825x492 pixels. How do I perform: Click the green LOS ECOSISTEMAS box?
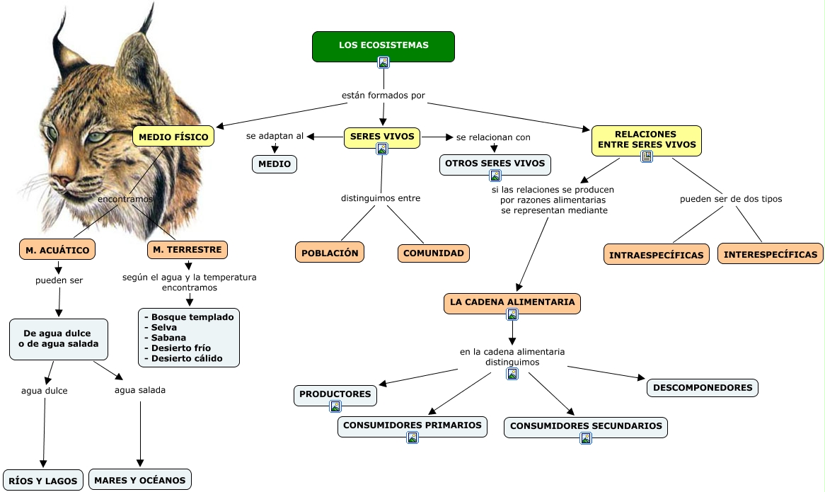[x=383, y=45]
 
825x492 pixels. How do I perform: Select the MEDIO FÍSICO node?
[x=173, y=136]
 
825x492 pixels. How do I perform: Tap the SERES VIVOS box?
[x=382, y=135]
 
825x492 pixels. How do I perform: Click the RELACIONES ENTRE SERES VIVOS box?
[x=646, y=139]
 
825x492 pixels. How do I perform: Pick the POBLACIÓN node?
[x=329, y=253]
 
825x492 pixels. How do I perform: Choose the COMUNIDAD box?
[x=433, y=253]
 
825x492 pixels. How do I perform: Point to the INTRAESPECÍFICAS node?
[x=656, y=255]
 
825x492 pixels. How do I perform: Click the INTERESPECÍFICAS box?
[x=770, y=254]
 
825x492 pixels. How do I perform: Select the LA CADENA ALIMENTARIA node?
[x=512, y=302]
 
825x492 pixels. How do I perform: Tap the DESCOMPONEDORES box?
[x=702, y=388]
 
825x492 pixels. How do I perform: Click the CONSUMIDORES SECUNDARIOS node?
[x=586, y=426]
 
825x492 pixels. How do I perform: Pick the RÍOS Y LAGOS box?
[x=43, y=480]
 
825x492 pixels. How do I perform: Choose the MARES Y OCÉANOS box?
[x=139, y=480]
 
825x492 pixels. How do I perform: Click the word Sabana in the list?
[x=168, y=338]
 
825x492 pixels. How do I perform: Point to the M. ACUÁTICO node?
[x=57, y=250]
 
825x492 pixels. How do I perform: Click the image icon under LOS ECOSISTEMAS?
[x=383, y=62]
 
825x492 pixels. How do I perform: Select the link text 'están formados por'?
[x=383, y=96]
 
